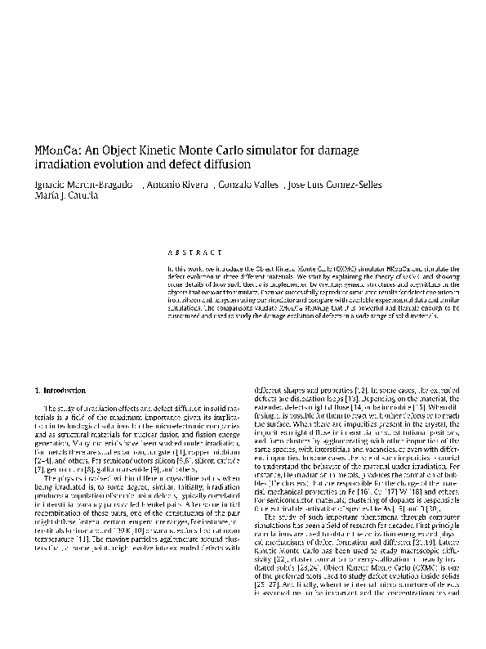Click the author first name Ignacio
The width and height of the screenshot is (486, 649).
[52, 185]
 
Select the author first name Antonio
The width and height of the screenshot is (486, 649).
[163, 185]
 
